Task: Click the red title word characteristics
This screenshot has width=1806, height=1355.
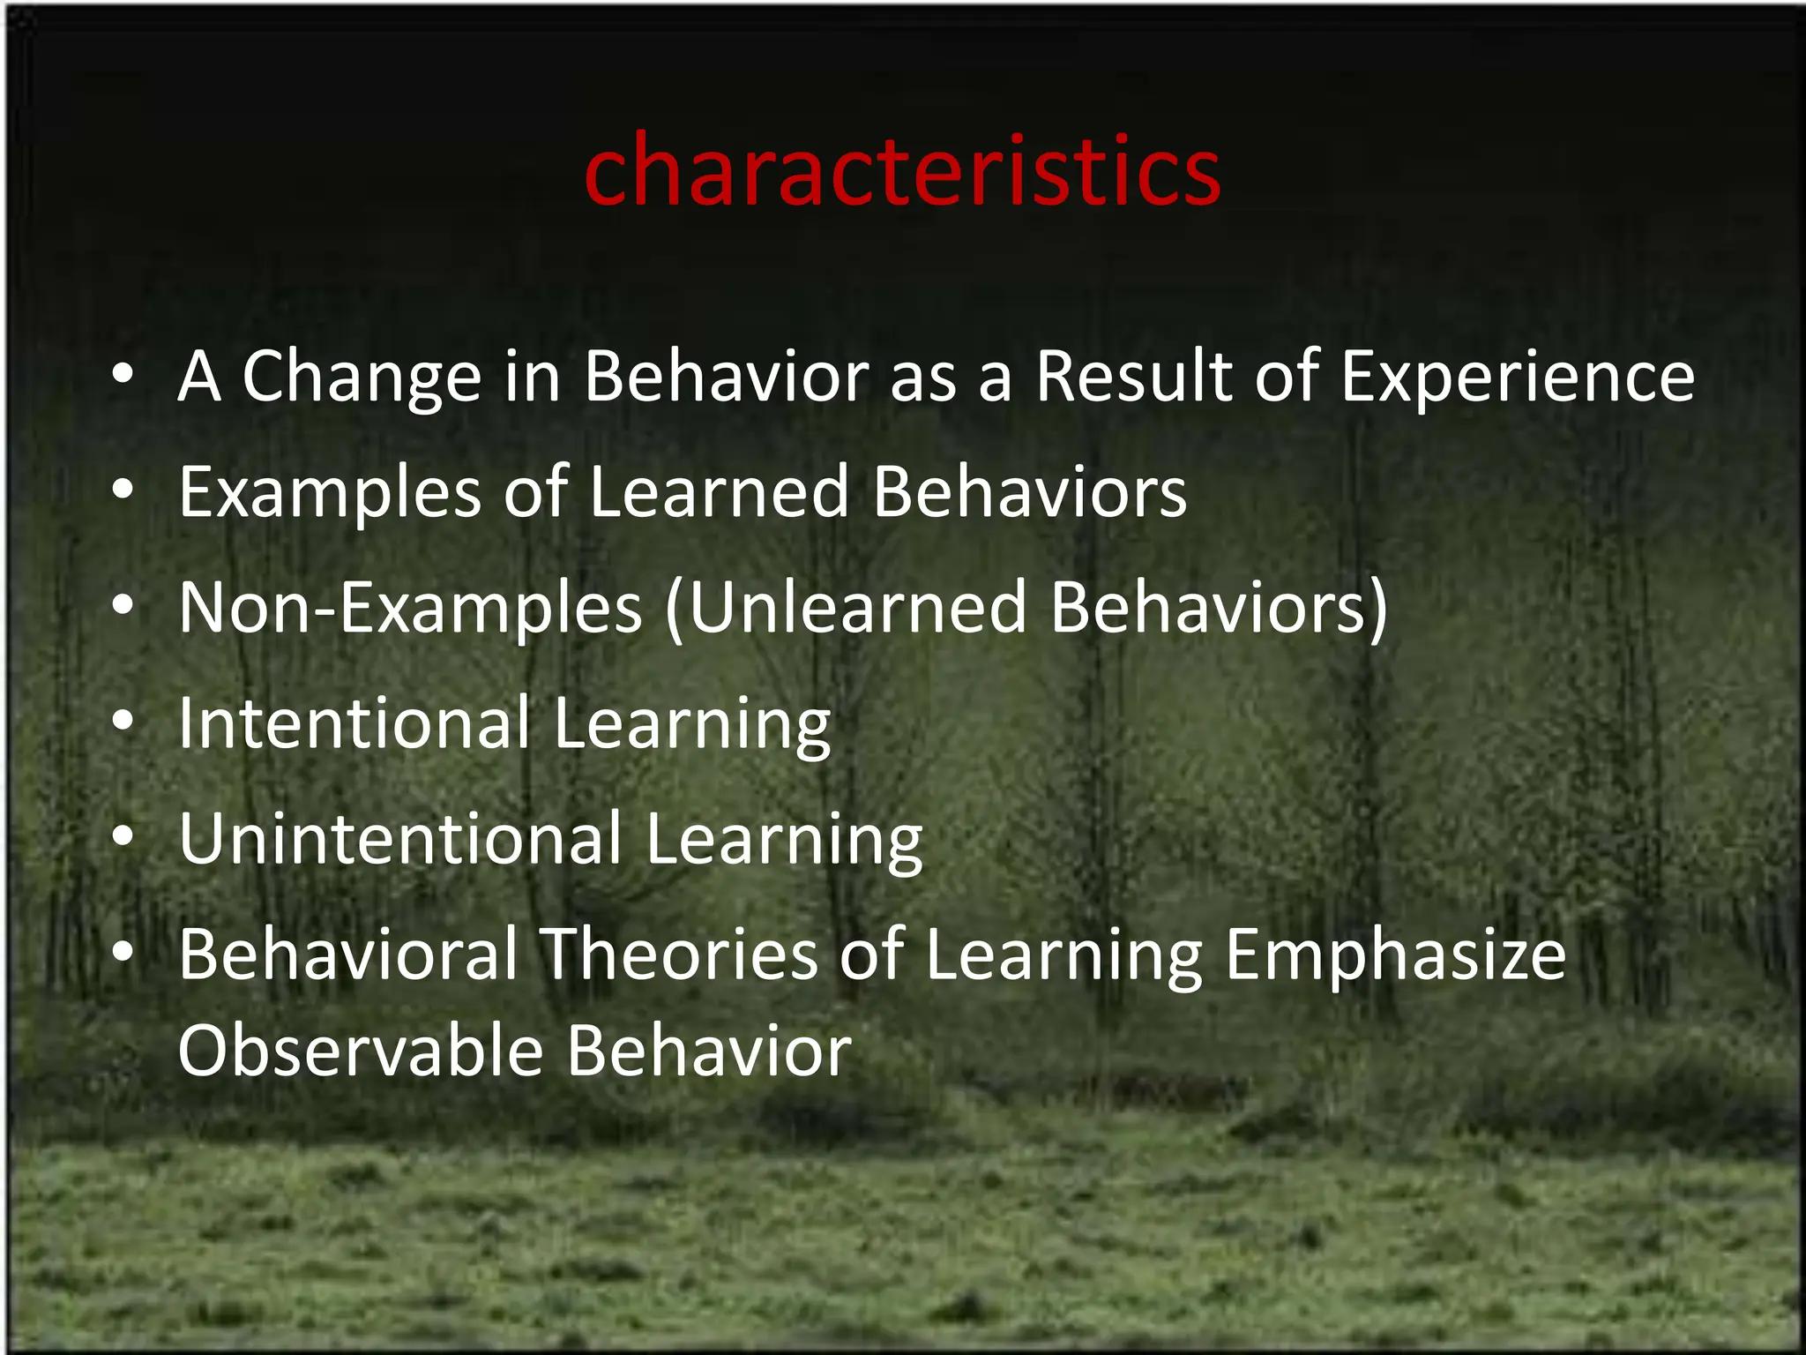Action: coord(901,172)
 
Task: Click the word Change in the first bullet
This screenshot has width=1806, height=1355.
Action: coord(361,378)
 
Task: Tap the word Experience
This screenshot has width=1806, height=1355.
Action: coord(1517,378)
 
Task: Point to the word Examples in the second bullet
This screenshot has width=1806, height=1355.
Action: coord(329,494)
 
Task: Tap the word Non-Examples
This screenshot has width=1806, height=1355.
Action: coord(410,610)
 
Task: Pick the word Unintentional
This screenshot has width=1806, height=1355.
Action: coord(400,840)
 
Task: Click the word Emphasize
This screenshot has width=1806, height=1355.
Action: coord(1395,956)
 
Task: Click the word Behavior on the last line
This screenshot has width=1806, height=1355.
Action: coord(709,1052)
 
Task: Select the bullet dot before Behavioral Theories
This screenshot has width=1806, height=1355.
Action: coord(123,954)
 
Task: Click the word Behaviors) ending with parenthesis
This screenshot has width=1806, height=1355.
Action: coord(1219,608)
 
